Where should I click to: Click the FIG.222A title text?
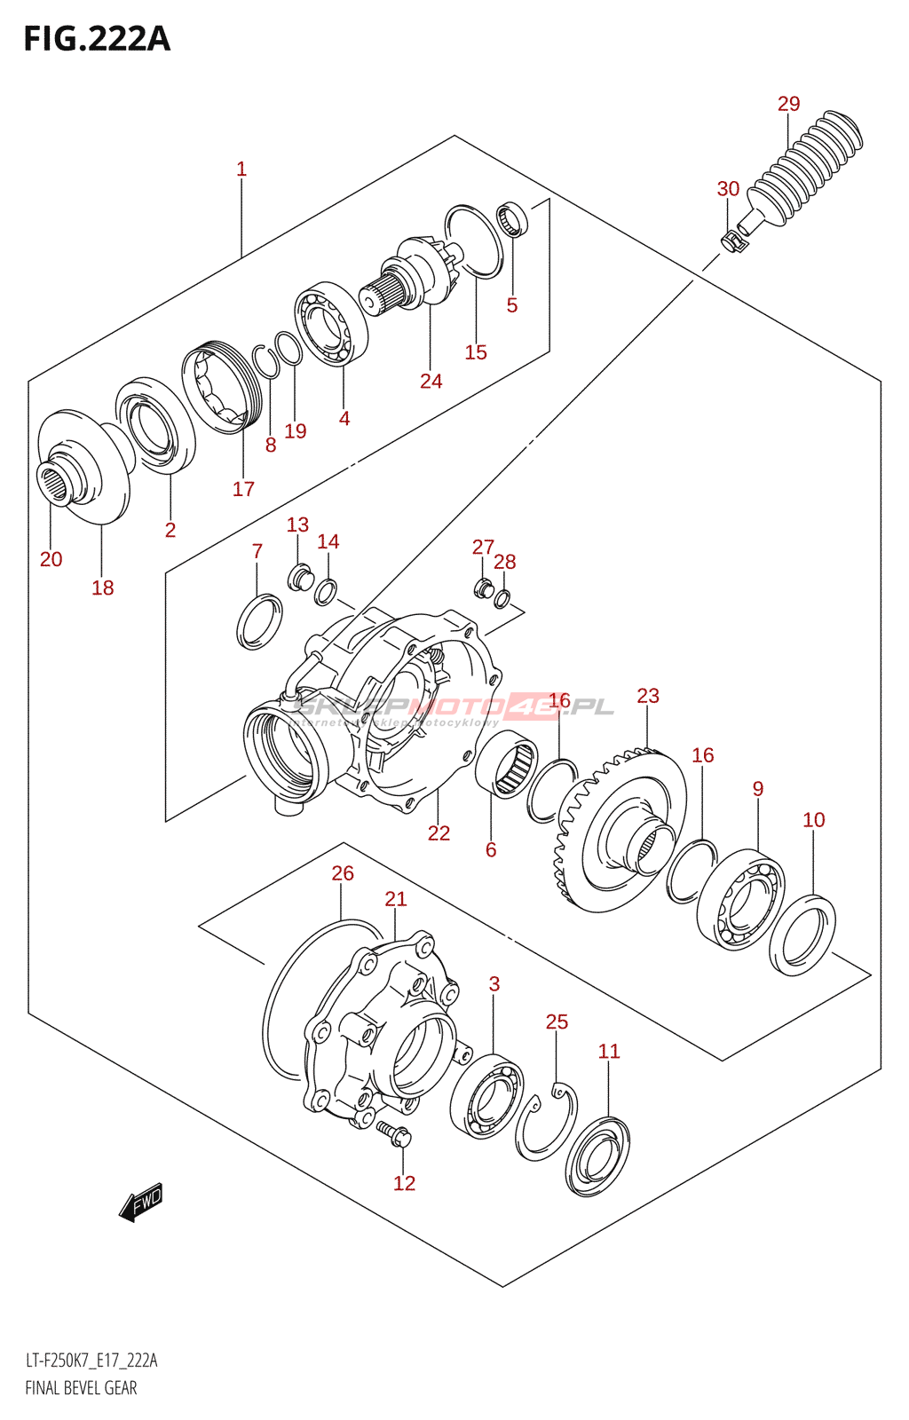[x=97, y=39]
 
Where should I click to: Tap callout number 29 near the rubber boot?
[x=788, y=104]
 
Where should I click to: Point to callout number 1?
[x=241, y=169]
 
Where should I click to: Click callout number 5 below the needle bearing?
[x=512, y=305]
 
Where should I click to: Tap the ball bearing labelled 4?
[x=331, y=324]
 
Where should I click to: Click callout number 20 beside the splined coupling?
[x=51, y=559]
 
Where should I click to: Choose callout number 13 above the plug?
[x=297, y=525]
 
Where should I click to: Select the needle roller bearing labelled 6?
[x=506, y=764]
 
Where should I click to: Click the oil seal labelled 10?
[x=802, y=935]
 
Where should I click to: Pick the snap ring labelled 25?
[x=546, y=1123]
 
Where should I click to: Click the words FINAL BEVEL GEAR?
[x=81, y=1388]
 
